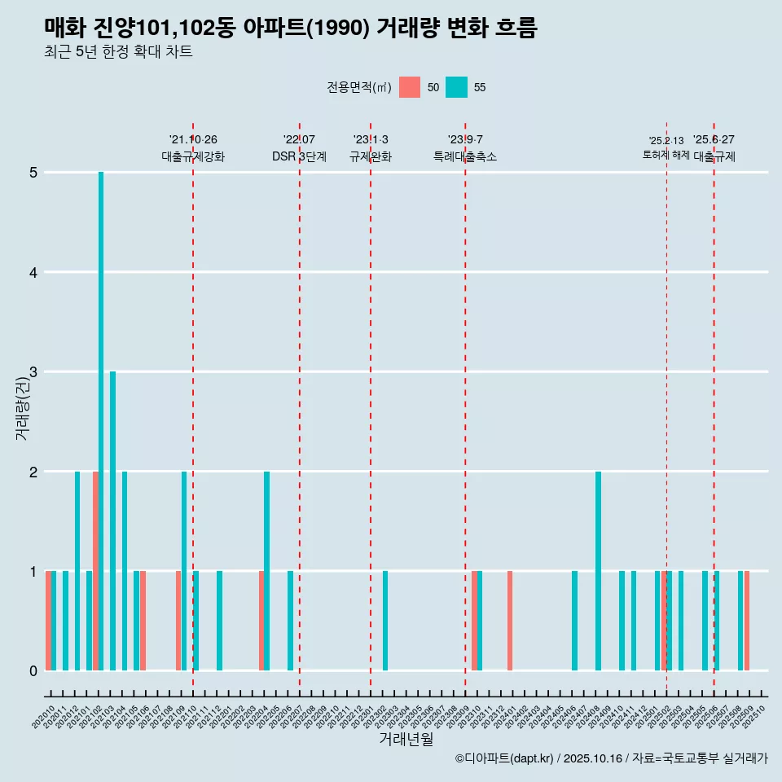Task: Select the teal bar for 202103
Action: [113, 521]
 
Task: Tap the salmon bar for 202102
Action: [95, 571]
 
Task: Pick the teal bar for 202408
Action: [598, 571]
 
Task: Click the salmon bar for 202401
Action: [510, 621]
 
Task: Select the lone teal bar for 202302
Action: [385, 621]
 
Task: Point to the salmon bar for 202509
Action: [747, 621]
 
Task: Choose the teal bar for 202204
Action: [267, 571]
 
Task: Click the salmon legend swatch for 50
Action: [410, 87]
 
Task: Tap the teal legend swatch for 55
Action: [457, 87]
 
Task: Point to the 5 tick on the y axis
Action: [33, 173]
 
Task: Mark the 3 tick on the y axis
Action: [33, 372]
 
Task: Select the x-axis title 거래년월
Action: [406, 739]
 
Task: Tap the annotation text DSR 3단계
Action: [299, 156]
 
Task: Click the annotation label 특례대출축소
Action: [464, 156]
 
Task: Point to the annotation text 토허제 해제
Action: [666, 155]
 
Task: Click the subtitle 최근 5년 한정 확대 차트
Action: [118, 52]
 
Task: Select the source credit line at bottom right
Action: [611, 758]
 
